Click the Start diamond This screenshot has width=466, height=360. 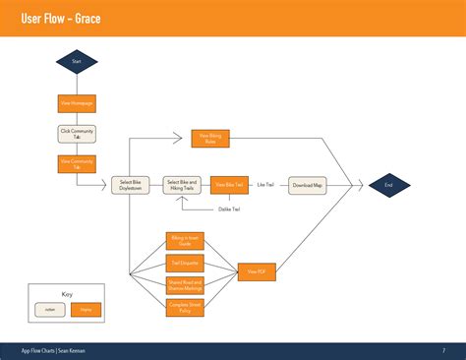pos(77,61)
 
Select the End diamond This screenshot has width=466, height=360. pos(388,184)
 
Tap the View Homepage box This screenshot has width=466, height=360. pos(77,103)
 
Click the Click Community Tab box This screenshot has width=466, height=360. pos(77,135)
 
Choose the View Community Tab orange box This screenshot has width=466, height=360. pos(77,164)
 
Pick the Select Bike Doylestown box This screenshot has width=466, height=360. pos(130,185)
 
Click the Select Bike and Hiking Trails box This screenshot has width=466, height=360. pos(182,185)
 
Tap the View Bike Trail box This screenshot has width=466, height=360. pos(229,185)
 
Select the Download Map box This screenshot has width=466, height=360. pos(308,185)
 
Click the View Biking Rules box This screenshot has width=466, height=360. pos(209,139)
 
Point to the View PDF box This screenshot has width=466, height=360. pos(257,270)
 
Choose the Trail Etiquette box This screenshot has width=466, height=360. pos(184,263)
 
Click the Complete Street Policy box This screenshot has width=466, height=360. pos(184,307)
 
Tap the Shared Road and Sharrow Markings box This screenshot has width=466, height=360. pos(184,285)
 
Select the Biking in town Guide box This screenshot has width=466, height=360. pos(184,240)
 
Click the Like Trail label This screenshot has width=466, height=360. pos(265,185)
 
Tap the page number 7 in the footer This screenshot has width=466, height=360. pos(443,350)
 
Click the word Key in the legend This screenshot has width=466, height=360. pos(67,294)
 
